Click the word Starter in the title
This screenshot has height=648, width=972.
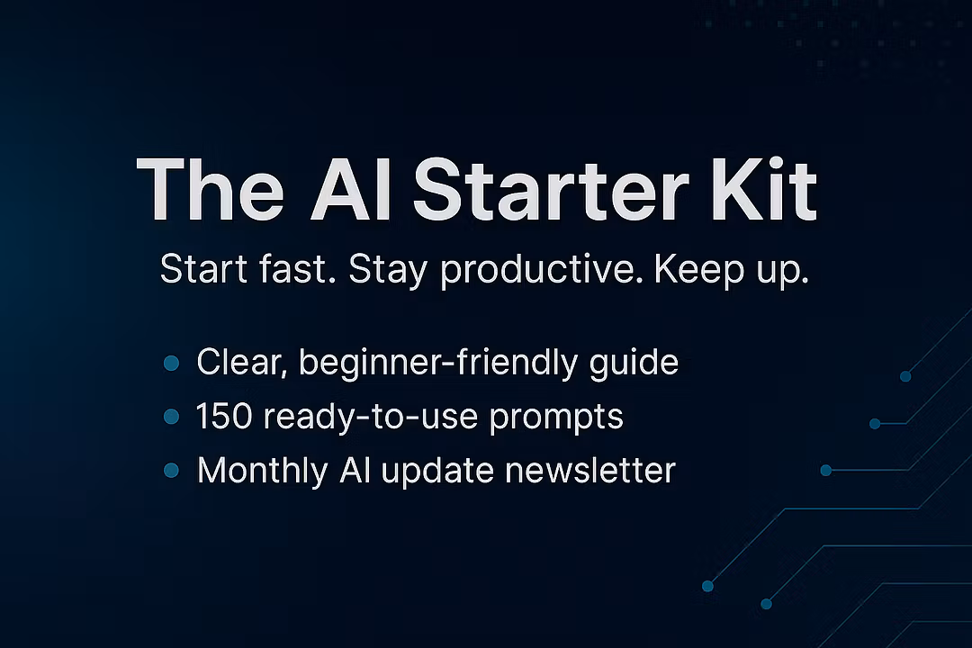[x=551, y=190]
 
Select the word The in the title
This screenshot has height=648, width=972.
[x=210, y=189]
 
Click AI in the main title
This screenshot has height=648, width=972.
[x=350, y=190]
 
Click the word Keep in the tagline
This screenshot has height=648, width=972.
[x=699, y=268]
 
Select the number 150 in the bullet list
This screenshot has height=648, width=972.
[x=224, y=416]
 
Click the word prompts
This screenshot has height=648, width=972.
[x=556, y=418]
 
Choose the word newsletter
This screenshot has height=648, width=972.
[x=590, y=470]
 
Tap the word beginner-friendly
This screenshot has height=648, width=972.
[x=438, y=364]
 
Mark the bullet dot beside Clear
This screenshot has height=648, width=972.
[x=171, y=364]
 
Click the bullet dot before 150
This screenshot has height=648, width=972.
[x=171, y=417]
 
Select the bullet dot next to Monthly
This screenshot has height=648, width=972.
[x=171, y=471]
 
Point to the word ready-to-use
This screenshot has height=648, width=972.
[x=371, y=418]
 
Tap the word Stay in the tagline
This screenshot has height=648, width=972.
[x=388, y=270]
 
